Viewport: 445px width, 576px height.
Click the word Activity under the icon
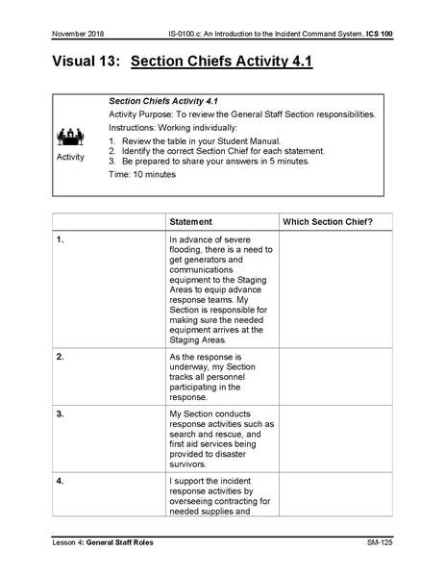pyautogui.click(x=70, y=156)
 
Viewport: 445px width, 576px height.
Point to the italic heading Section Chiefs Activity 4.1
pyautogui.click(x=162, y=101)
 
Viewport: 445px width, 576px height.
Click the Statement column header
pyautogui.click(x=190, y=221)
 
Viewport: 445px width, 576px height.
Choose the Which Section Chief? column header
pyautogui.click(x=328, y=221)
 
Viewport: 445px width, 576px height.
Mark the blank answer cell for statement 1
pyautogui.click(x=333, y=289)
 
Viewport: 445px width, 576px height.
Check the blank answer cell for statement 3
pyautogui.click(x=333, y=438)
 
